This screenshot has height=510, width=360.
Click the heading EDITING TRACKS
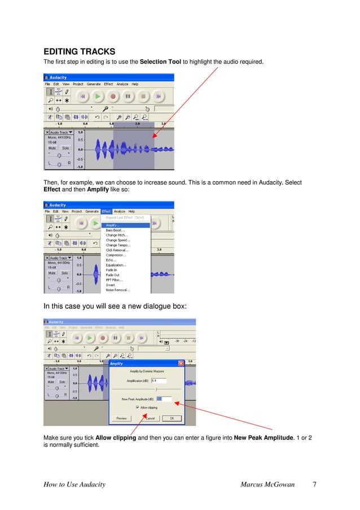pyautogui.click(x=80, y=52)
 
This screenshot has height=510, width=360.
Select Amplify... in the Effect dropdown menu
pyautogui.click(x=113, y=225)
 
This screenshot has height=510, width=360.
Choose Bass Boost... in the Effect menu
pyautogui.click(x=116, y=230)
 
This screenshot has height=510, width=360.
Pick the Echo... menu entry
pyautogui.click(x=112, y=260)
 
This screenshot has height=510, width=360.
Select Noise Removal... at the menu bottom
pyautogui.click(x=118, y=290)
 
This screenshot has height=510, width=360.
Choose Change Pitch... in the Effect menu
pyautogui.click(x=117, y=236)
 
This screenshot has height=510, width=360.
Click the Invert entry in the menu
pyautogui.click(x=111, y=285)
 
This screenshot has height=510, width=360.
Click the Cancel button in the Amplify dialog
pyautogui.click(x=150, y=419)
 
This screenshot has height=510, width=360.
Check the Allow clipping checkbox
pyautogui.click(x=137, y=407)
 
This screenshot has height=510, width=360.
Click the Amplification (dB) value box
pyautogui.click(x=159, y=380)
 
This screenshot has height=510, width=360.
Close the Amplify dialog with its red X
pyautogui.click(x=181, y=364)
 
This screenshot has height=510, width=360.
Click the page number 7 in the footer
pyautogui.click(x=314, y=485)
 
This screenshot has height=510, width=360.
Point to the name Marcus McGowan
pyautogui.click(x=267, y=485)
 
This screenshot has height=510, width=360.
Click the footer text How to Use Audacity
pyautogui.click(x=74, y=485)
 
